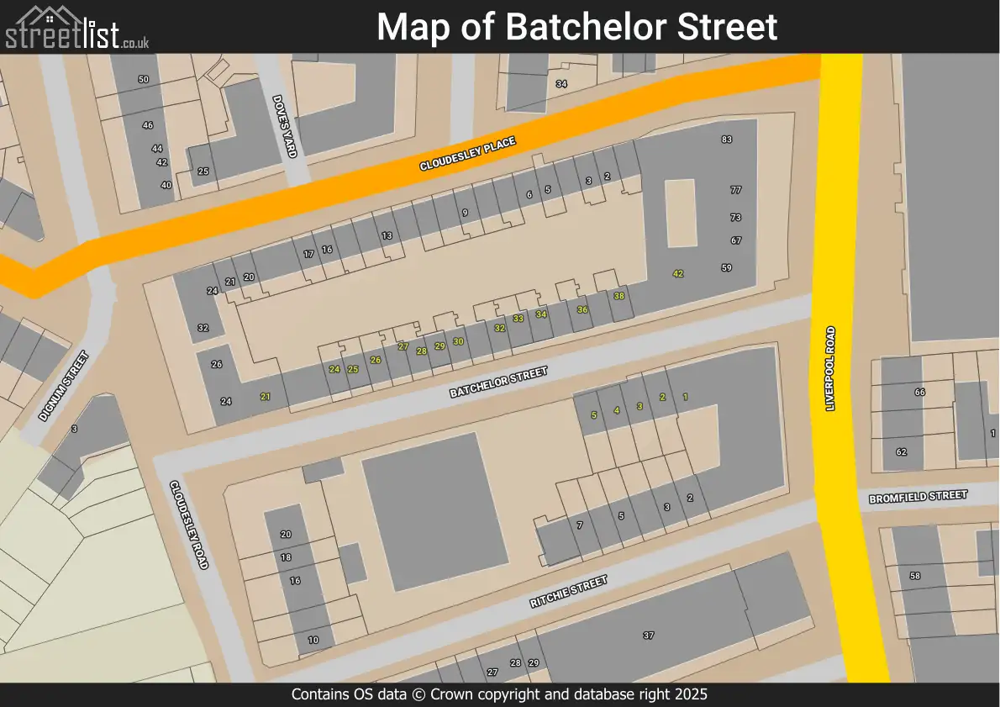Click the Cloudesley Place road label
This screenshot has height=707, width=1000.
[x=467, y=155]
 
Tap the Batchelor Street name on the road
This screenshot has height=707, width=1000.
[x=498, y=383]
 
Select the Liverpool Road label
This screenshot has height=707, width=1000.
[x=830, y=368]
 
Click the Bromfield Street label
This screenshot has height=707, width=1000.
[x=918, y=496]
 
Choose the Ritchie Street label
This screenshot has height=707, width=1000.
[x=568, y=592]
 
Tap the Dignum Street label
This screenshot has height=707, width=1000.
[x=63, y=386]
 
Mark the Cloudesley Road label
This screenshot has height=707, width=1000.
[x=189, y=525]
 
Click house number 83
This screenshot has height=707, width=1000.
[x=727, y=140]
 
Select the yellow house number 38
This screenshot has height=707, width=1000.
[x=619, y=296]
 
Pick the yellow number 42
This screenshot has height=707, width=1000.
[x=678, y=274]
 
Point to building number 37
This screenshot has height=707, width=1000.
[x=648, y=636]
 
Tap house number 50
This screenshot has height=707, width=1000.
[x=144, y=79]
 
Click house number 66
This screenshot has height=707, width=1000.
[x=919, y=393]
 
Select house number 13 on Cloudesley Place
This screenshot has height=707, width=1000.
[x=387, y=236]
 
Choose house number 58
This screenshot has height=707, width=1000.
[x=915, y=576]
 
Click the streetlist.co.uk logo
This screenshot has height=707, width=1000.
[x=77, y=28]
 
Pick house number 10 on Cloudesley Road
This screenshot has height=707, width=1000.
[x=313, y=640]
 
